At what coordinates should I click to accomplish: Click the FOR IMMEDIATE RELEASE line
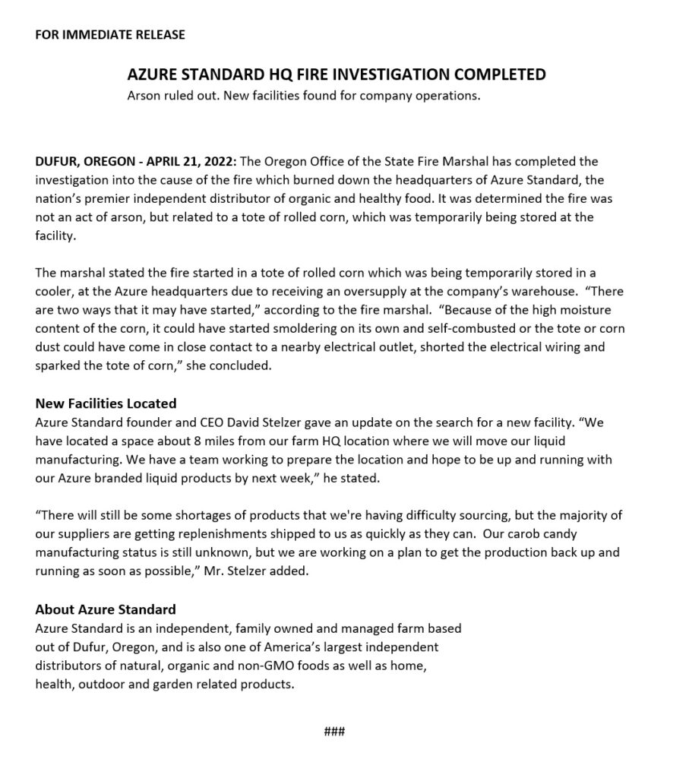(x=110, y=35)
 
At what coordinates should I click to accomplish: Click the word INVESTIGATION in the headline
(x=385, y=74)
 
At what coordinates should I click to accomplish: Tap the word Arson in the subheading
(x=143, y=96)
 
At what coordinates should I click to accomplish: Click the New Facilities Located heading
(x=106, y=403)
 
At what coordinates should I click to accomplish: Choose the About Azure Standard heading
(x=106, y=609)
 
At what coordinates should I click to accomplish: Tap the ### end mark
(x=334, y=732)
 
